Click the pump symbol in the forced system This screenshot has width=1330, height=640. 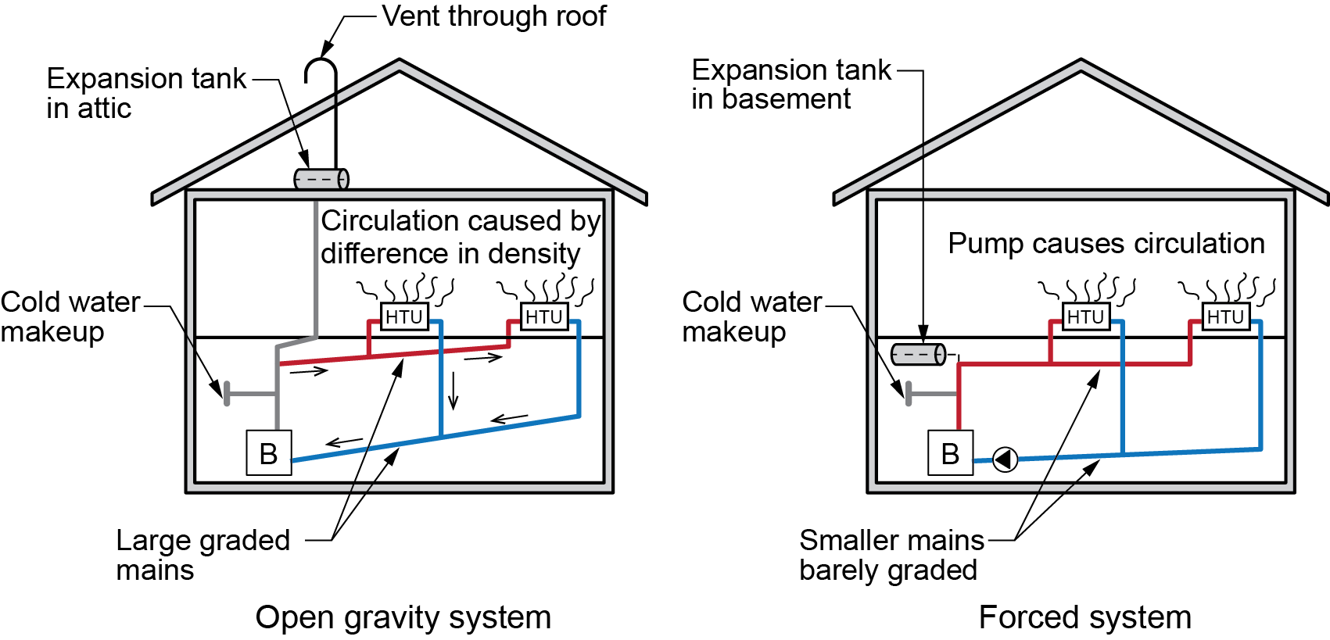point(1005,459)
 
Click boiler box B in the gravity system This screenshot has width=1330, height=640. point(269,453)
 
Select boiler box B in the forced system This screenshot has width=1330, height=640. point(950,453)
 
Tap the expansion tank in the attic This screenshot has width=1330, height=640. point(321,179)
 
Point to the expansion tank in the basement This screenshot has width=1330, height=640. point(919,355)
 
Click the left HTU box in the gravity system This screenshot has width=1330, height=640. point(404,316)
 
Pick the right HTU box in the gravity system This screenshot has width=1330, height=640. point(544,316)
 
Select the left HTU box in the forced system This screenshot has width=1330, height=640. point(1086,316)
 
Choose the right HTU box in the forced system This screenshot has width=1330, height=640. point(1225,316)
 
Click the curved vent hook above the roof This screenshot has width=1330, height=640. point(321,69)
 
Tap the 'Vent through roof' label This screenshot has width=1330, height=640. point(494,16)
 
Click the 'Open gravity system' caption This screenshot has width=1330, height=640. point(403,617)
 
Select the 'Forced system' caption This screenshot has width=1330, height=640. point(1084,617)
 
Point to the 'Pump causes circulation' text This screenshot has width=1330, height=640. point(1106,244)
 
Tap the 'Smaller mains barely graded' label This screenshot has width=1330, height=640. point(891,555)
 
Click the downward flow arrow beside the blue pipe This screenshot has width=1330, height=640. point(453,392)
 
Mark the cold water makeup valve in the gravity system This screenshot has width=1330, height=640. point(228,393)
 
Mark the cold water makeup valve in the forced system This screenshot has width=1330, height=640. point(909,393)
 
